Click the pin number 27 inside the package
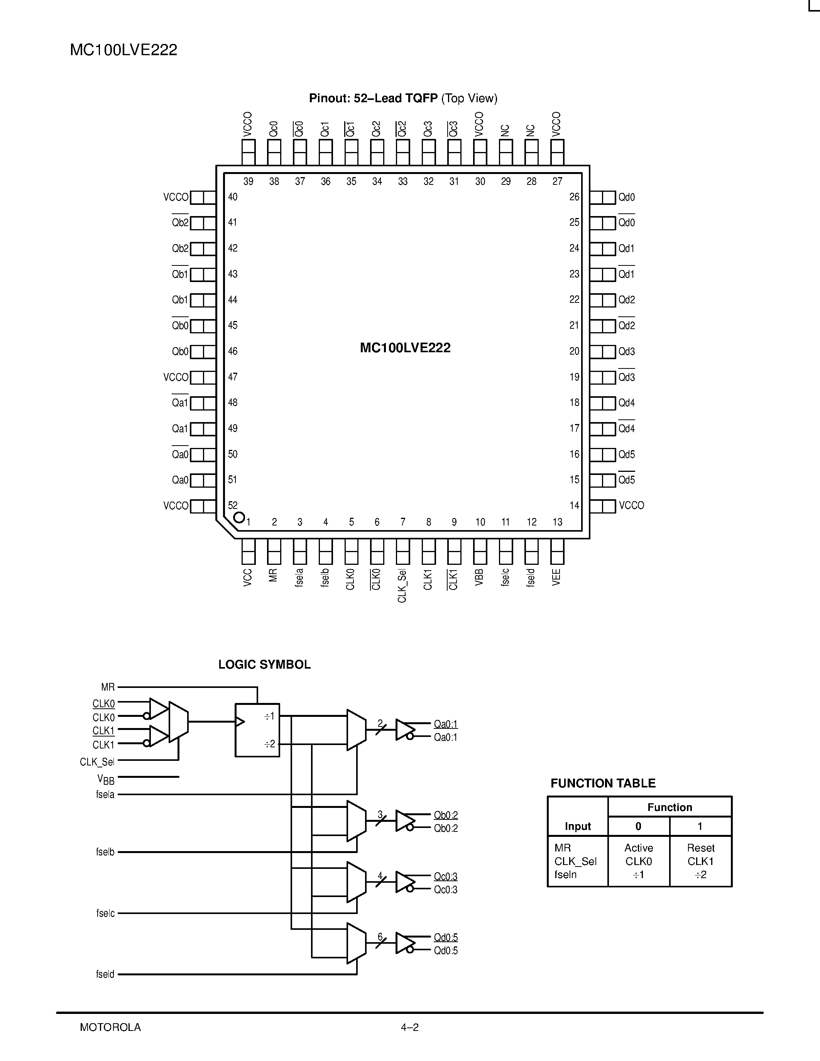point(557,181)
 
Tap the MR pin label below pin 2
point(273,575)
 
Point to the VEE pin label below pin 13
point(557,577)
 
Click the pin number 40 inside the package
point(233,197)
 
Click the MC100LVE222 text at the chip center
point(405,348)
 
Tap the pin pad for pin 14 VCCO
point(602,506)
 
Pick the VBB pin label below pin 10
point(480,577)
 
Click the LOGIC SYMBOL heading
point(264,665)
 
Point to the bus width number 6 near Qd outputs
point(380,937)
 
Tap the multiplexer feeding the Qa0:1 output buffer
point(356,730)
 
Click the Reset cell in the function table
point(700,848)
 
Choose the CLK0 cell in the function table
point(638,861)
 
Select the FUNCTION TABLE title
point(603,783)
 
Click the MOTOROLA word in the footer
point(110,1027)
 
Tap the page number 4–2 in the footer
point(409,1027)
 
